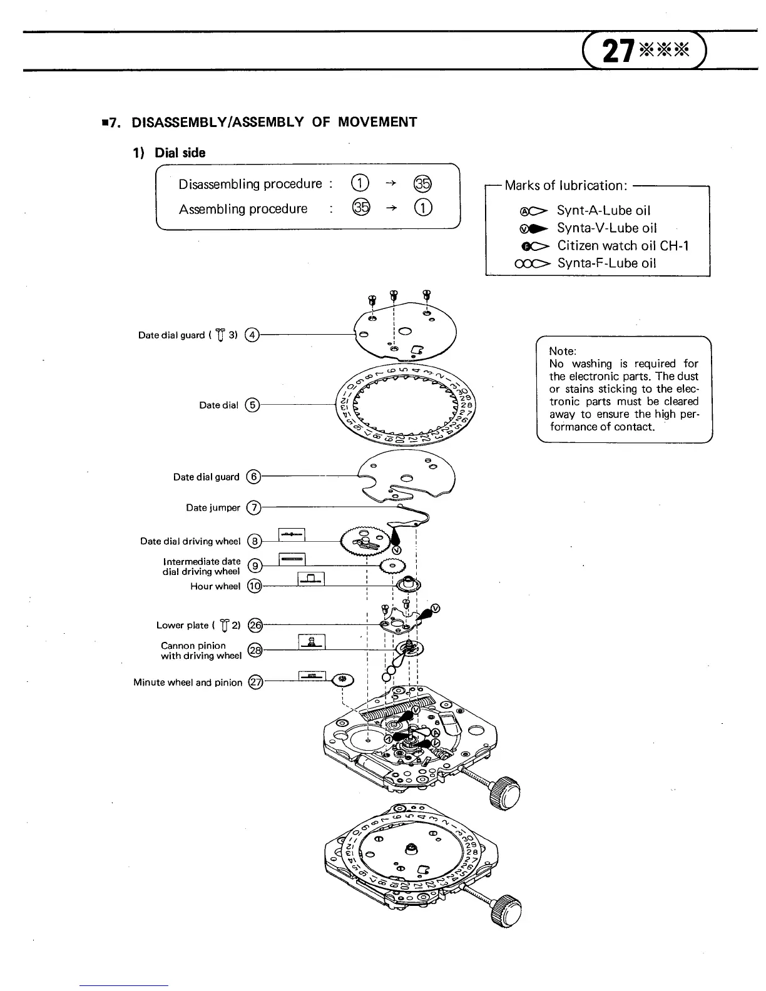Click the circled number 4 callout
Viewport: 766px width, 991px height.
[252, 335]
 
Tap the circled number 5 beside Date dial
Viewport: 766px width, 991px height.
[252, 405]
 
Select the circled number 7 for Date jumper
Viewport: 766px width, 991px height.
[253, 507]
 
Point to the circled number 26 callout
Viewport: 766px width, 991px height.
[255, 625]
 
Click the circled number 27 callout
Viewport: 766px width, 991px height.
[255, 682]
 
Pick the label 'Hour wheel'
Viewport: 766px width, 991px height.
[215, 586]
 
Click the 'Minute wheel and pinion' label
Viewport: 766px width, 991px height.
[187, 682]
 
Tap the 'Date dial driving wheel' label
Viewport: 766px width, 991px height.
[190, 541]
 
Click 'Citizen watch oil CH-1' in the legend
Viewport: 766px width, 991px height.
[623, 246]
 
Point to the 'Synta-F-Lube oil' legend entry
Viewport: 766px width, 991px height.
[606, 263]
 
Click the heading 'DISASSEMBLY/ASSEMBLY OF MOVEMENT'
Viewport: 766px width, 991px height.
[274, 122]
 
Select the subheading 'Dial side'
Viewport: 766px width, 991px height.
[180, 153]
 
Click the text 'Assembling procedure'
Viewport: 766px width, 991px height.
[243, 209]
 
